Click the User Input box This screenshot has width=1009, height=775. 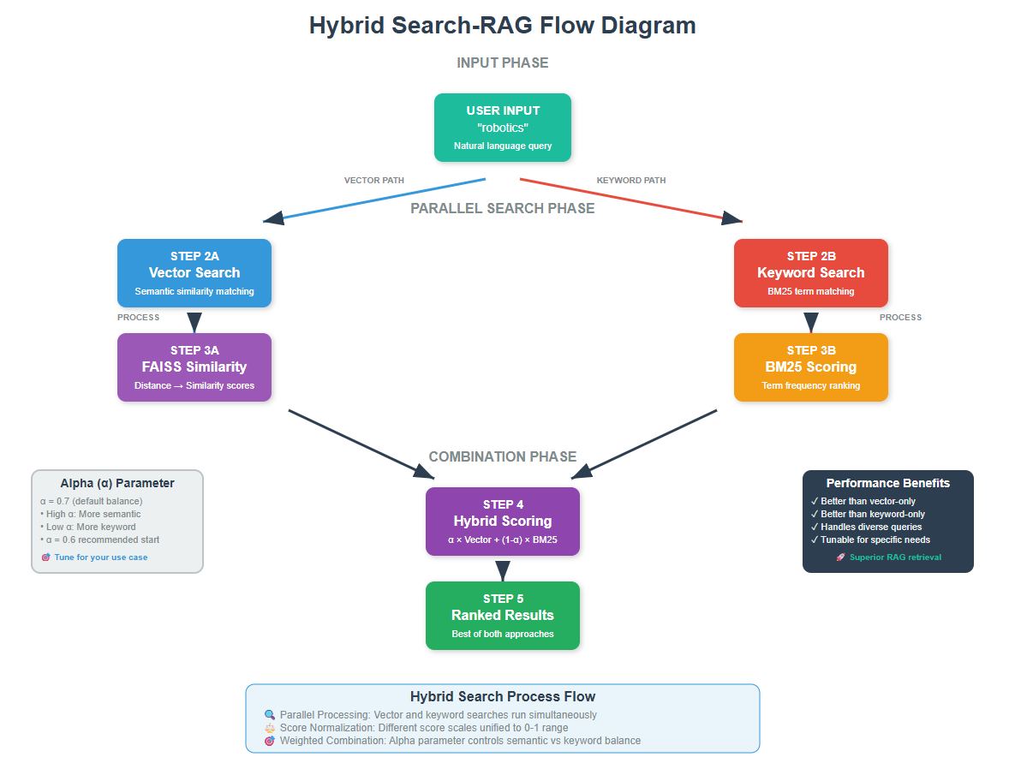(x=502, y=128)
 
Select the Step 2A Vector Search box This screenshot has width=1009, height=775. (x=194, y=272)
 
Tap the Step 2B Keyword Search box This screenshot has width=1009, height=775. (x=810, y=272)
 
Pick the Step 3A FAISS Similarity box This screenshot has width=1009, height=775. (x=194, y=367)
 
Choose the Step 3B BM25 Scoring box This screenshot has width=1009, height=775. (x=810, y=367)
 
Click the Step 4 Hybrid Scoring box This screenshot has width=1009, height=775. (x=502, y=521)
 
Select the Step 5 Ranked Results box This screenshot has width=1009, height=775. (x=502, y=615)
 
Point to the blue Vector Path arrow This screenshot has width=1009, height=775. (x=377, y=200)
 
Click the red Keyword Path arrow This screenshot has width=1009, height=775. (x=630, y=200)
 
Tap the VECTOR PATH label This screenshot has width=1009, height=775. (x=374, y=181)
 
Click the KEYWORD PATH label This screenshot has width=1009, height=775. (x=630, y=181)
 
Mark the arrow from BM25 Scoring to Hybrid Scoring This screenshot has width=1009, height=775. (x=647, y=443)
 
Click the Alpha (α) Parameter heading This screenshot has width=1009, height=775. (x=117, y=483)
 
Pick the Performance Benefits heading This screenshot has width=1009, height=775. (x=887, y=483)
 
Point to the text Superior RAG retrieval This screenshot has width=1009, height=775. (x=895, y=557)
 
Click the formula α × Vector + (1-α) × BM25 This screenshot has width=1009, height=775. (x=502, y=540)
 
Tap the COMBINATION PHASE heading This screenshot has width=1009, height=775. (x=502, y=456)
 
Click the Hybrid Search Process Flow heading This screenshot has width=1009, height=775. (x=502, y=696)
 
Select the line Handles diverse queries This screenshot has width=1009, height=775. (x=870, y=527)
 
